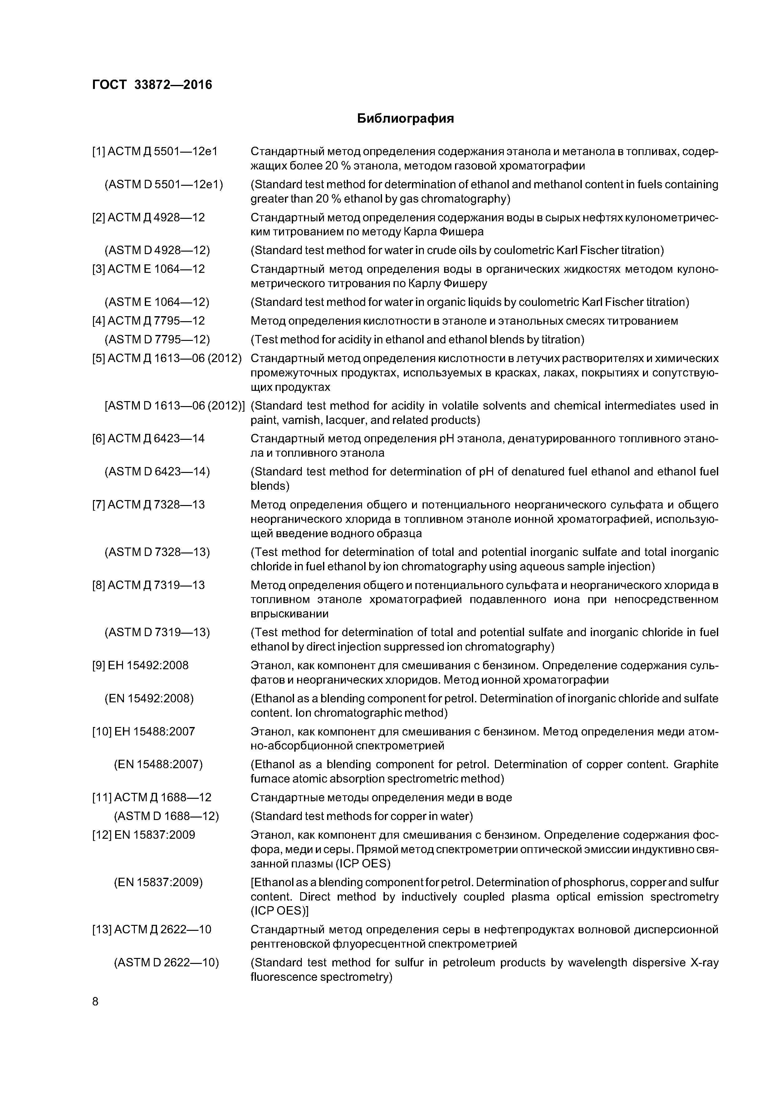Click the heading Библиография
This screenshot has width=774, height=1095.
pos(405,118)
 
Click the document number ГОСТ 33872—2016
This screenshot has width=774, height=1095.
pos(152,85)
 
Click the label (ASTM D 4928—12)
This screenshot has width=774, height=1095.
pos(157,250)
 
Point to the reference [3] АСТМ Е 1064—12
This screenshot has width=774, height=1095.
pos(148,269)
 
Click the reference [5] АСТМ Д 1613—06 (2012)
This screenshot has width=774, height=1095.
pos(166,358)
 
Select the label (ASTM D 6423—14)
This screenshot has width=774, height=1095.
pos(157,471)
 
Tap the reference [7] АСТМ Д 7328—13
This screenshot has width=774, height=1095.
pos(148,504)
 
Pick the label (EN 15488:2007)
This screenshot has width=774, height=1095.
pos(158,764)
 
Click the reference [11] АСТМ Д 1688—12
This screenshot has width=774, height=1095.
pos(152,798)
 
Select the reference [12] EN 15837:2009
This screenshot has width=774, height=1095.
pos(144,835)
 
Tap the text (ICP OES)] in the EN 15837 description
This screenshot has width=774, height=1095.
pos(279,911)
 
